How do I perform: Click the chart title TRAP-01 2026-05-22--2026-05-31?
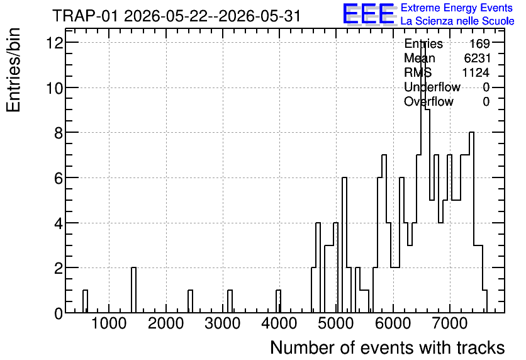coord(176,16)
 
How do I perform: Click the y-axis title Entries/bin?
coord(13,70)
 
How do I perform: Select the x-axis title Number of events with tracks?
coord(388,347)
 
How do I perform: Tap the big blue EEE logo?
coord(369,14)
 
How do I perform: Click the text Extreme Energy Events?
coord(457,8)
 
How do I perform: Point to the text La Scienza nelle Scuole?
coord(457,21)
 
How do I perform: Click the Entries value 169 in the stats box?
coord(479,43)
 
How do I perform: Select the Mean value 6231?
coord(477,58)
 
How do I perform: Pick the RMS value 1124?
coord(476,72)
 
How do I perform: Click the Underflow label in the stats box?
coord(432,87)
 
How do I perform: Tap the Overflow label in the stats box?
coord(428,101)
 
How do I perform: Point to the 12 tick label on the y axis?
coord(55,43)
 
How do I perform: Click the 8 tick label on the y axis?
coord(59,133)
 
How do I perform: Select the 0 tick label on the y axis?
coord(59,313)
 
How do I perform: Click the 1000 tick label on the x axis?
coord(109,323)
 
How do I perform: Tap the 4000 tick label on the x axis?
coord(279,323)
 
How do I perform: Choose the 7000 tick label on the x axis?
coord(449,323)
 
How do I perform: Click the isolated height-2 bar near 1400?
coord(133,290)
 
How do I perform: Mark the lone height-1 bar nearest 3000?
coord(230,301)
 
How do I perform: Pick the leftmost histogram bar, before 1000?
coord(85,301)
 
